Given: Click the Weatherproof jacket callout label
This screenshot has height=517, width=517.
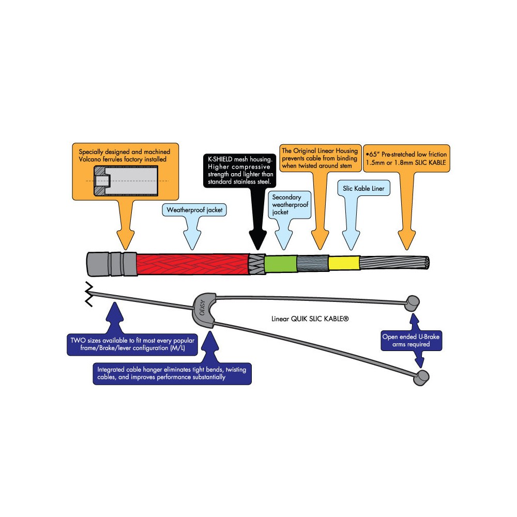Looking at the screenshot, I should (190, 210).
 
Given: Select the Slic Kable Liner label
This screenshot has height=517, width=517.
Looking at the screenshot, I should (363, 189).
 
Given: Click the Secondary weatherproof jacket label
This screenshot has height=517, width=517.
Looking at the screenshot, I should (290, 205).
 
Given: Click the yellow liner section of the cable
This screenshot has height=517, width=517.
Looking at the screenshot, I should (343, 263).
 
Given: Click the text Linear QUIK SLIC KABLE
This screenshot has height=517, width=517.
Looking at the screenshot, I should (310, 319).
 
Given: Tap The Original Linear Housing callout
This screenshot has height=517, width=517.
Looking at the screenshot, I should (320, 158).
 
